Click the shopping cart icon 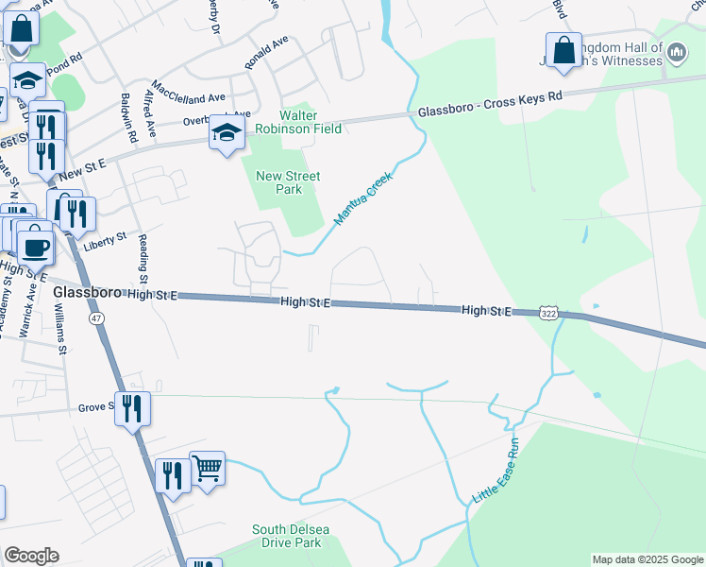pos(208,467)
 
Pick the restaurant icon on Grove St pos(132,408)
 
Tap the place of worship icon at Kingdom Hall pos(676,54)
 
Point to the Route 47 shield pos(96,319)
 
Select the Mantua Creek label pos(362,197)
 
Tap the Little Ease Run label pos(496,470)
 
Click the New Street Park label pos(289,182)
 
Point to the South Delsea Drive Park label pos(300,536)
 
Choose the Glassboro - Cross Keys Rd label pos(490,103)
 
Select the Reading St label pos(142,259)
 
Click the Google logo pos(31,556)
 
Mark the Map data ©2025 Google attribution pos(647,559)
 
